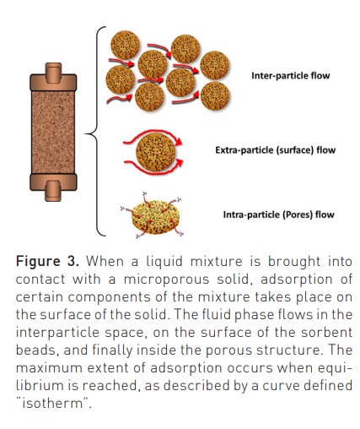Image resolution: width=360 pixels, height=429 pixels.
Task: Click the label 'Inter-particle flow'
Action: [290, 76]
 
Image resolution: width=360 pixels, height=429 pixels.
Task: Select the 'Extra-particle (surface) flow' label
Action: [276, 150]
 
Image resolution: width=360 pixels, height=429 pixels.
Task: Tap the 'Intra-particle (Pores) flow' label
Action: [279, 214]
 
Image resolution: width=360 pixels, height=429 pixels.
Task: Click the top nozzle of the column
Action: [53, 73]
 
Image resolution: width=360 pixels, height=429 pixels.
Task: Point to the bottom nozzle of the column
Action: [53, 191]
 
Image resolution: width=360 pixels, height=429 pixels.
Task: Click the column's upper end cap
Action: [53, 82]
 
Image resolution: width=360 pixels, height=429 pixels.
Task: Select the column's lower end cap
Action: [53, 182]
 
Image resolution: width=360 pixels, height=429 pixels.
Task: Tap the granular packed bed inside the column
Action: [53, 132]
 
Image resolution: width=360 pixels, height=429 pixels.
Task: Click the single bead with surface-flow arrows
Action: [155, 152]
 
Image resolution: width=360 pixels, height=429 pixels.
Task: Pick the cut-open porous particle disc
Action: [155, 217]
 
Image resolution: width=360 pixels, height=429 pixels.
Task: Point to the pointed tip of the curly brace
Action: [85, 133]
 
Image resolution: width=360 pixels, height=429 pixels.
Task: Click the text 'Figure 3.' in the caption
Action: [47, 261]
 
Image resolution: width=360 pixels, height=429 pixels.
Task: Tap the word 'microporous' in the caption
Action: [167, 280]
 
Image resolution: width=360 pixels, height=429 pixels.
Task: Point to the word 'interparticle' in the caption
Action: [57, 333]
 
